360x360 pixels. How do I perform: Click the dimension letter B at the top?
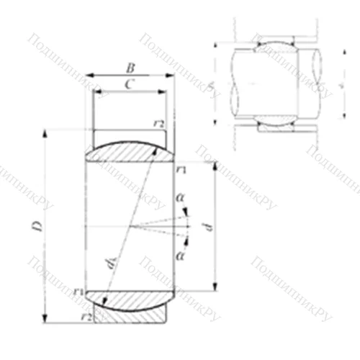[130, 68]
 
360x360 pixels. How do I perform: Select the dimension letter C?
[127, 84]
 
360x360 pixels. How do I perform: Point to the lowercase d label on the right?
[209, 226]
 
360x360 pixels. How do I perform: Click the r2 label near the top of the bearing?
[158, 124]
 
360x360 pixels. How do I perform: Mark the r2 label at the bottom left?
[86, 315]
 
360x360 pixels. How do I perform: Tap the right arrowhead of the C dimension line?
[165, 92]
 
